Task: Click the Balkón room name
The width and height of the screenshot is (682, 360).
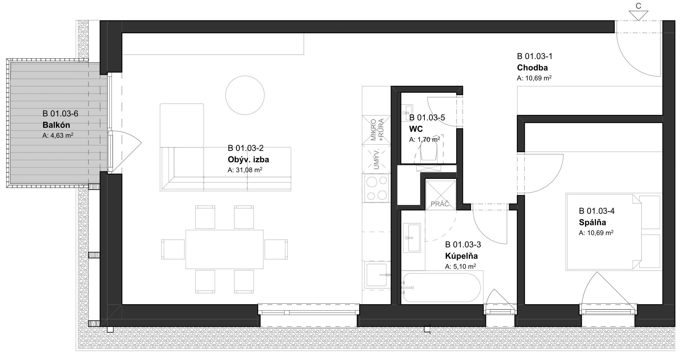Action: tap(56, 125)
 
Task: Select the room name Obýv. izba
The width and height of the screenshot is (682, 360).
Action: tap(248, 160)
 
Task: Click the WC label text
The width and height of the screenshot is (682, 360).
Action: tap(416, 129)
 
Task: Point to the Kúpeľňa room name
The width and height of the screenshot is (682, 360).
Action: tap(461, 256)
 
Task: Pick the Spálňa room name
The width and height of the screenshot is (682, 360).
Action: tap(592, 222)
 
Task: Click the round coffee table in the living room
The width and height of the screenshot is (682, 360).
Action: tap(245, 96)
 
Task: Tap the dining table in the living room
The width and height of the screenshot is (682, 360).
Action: tap(225, 249)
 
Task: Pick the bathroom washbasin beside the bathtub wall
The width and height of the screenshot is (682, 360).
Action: tap(411, 238)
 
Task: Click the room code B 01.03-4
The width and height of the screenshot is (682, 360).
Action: tap(597, 211)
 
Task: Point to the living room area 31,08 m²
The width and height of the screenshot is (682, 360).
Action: tap(245, 170)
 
